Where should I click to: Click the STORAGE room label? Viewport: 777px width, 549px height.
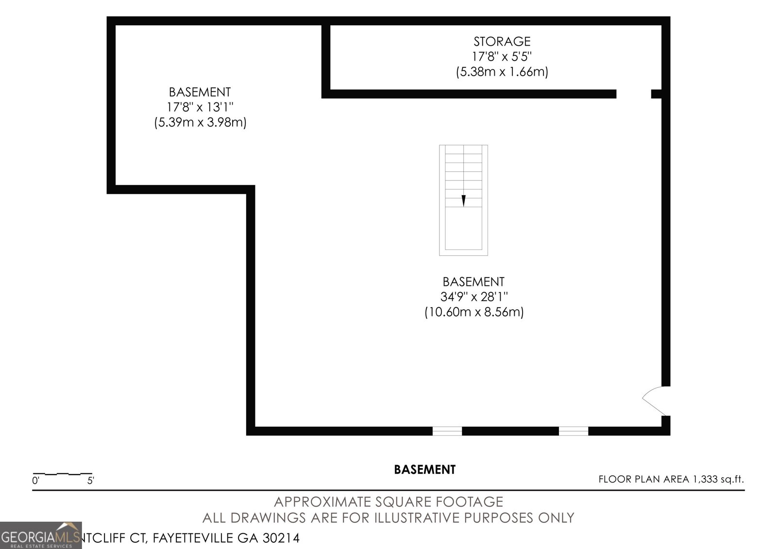pos(502,41)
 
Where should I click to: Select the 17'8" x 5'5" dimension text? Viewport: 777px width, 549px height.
pos(502,56)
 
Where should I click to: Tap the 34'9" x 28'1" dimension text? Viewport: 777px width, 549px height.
pos(473,297)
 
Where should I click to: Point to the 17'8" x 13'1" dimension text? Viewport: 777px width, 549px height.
pos(200,107)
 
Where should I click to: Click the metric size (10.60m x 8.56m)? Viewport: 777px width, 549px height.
pos(473,312)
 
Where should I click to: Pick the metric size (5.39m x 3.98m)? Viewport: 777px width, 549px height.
pos(200,122)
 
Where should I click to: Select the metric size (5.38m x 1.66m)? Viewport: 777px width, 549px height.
pos(502,72)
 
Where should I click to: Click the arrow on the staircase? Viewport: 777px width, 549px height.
pos(463,200)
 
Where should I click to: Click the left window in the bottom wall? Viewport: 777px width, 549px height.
pos(447,431)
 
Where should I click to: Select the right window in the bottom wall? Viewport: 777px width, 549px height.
pos(573,431)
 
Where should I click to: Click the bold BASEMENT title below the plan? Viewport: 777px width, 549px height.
pos(424,469)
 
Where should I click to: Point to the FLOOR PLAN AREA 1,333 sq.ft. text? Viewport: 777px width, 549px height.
pos(671,479)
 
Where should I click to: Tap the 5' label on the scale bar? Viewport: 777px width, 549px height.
pos(91,481)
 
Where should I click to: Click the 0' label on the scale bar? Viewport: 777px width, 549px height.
pos(35,481)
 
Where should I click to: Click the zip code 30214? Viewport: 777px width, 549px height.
pos(281,538)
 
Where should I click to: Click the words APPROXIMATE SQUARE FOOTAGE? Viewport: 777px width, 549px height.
pos(388,501)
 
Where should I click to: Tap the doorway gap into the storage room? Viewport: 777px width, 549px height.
pos(634,94)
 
